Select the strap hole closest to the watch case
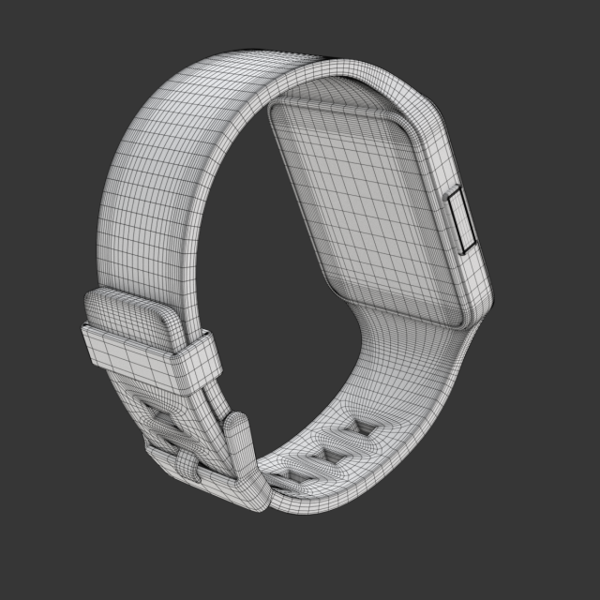(359, 428)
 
